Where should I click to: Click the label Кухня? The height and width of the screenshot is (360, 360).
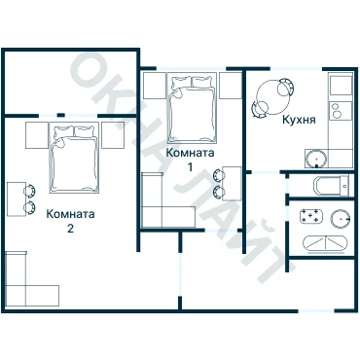299,120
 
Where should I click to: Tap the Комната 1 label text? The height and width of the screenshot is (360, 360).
190,160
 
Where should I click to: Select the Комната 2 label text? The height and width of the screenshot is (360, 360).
70,221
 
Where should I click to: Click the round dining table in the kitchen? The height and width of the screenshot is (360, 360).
272,97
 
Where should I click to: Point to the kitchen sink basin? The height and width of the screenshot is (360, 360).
316,159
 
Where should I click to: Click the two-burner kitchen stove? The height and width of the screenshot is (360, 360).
341,110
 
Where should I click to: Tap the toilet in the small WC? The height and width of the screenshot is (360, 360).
332,186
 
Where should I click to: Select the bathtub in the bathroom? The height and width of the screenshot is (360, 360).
325,243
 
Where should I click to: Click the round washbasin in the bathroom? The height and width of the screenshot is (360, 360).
341,219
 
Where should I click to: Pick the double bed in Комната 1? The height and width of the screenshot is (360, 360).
192,109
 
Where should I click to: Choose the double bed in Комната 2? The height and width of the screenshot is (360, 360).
74,158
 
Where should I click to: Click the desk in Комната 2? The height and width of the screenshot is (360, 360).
17,199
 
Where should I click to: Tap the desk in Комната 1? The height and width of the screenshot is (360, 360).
233,184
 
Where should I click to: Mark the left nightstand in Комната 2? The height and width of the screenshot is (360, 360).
37,135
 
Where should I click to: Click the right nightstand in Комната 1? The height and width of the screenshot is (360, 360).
231,86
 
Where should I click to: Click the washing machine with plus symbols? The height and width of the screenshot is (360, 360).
311,216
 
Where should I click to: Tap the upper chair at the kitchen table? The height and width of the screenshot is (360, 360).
286,87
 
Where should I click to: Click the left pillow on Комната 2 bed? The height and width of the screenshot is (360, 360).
64,131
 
